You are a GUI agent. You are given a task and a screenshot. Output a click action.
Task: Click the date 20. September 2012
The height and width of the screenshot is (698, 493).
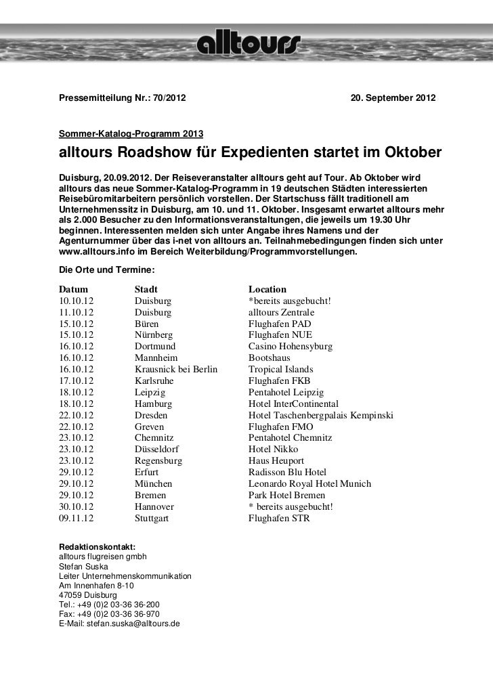(393, 100)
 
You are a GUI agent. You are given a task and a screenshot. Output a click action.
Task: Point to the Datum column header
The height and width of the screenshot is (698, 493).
(73, 289)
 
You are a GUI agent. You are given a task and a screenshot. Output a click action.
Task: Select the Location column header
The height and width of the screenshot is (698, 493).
(267, 289)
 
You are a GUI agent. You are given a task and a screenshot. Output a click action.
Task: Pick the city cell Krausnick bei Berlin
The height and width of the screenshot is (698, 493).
(175, 369)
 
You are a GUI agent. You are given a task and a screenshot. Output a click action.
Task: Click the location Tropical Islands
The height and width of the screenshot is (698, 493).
(280, 369)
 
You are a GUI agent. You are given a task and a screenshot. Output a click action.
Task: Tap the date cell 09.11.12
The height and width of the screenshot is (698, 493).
(77, 518)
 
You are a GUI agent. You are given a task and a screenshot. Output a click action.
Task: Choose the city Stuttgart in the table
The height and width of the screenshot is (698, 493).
(152, 518)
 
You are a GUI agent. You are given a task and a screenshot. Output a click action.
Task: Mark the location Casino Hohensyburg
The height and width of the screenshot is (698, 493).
(290, 346)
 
